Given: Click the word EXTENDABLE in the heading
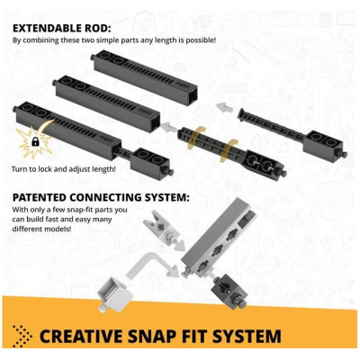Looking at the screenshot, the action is [47, 29].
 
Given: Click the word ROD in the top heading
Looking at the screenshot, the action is [96, 29].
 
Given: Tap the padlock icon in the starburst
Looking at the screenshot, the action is [35, 142].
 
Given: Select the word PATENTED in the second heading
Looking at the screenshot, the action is [40, 198].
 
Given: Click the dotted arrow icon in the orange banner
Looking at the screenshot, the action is [22, 336].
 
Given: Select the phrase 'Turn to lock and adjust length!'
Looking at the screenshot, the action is [63, 169].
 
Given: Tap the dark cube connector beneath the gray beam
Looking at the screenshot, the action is [229, 292].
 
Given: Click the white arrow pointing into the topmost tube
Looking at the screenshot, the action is [222, 106].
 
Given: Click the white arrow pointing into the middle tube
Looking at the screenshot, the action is [167, 128].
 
